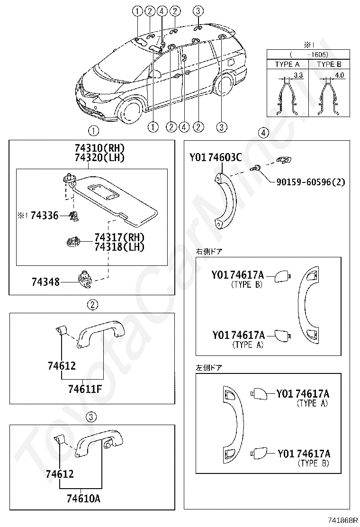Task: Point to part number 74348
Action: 45,282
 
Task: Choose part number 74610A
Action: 83,498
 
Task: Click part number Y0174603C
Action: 216,157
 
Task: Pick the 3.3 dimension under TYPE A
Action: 298,75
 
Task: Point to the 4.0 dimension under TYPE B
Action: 339,75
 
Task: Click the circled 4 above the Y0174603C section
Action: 263,132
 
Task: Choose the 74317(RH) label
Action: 119,237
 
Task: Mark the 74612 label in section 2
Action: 62,365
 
